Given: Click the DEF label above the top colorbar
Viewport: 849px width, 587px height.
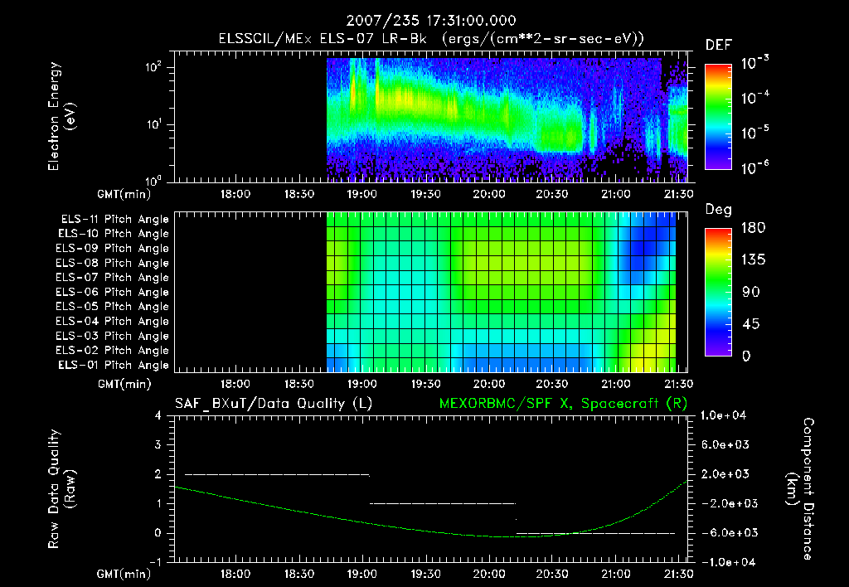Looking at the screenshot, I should [x=718, y=45].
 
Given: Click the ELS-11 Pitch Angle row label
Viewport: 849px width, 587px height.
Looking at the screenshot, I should [x=113, y=220].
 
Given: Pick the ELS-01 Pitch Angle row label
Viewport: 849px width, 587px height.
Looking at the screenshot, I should [x=113, y=365].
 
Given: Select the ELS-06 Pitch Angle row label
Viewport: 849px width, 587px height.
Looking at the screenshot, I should [x=113, y=292].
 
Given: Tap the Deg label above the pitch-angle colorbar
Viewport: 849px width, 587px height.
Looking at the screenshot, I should [x=718, y=210].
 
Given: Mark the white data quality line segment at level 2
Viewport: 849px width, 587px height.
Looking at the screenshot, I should [x=276, y=474].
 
